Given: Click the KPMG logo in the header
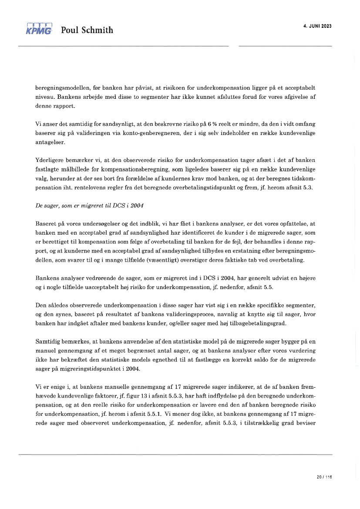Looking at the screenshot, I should click(39, 29).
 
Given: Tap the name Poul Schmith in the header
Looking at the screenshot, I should click(87, 30).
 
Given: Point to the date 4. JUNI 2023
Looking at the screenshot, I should click(317, 26).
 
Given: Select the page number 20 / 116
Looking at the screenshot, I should click(324, 477).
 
